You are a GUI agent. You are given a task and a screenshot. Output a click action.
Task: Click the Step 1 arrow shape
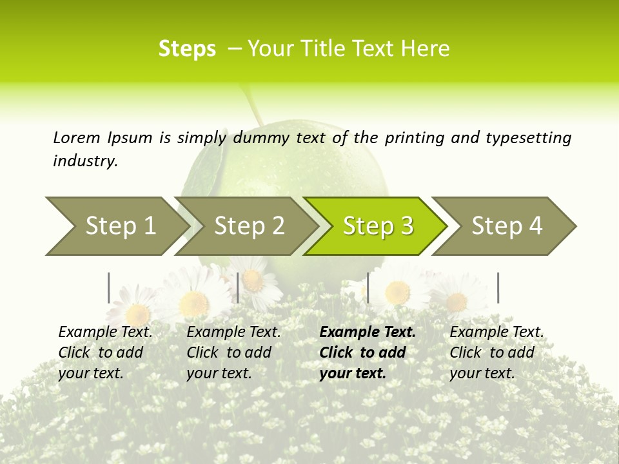point(116,226)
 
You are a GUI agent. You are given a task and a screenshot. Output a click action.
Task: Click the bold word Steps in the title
point(187,49)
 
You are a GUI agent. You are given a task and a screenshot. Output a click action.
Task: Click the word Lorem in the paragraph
point(76,137)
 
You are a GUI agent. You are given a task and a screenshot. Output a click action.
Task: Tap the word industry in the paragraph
point(85,161)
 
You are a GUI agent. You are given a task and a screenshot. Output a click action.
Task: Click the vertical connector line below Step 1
point(108,287)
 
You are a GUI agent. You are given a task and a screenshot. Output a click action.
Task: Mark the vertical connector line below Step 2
point(238,287)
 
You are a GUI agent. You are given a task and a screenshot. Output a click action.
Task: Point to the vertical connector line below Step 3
point(368,287)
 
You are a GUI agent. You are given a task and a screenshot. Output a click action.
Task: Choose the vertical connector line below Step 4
point(498,287)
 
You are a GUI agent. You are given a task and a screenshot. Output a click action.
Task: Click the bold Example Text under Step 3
point(368,332)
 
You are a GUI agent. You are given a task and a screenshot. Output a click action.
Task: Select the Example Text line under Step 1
point(105,332)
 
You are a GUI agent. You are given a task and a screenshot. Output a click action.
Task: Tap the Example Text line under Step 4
point(496,332)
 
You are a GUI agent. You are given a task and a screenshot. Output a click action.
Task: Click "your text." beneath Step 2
point(219,373)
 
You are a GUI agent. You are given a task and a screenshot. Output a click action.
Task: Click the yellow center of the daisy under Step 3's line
point(397,293)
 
